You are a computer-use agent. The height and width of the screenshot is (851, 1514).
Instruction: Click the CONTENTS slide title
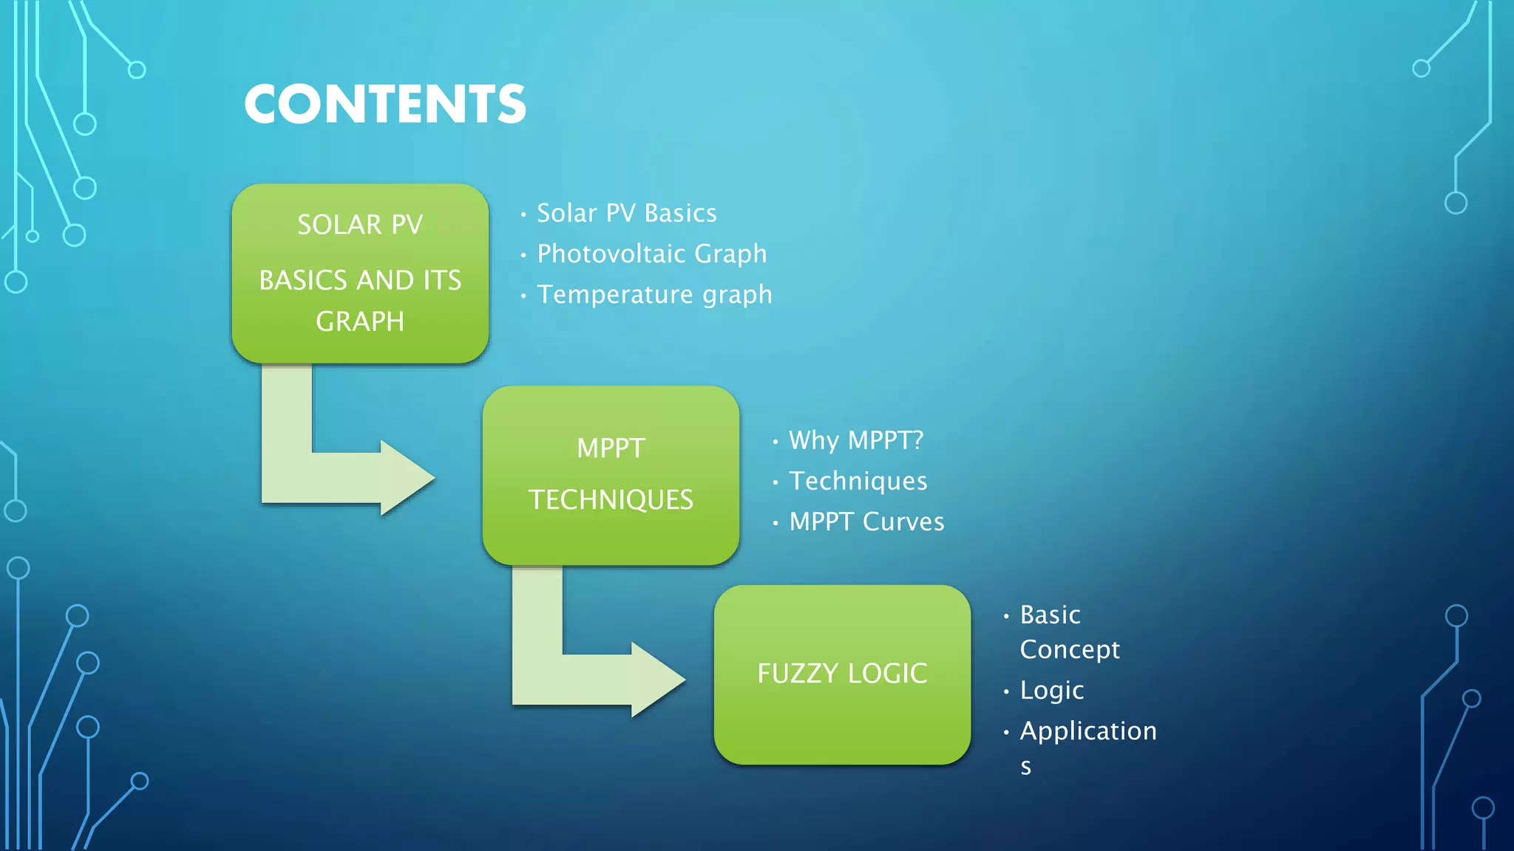point(384,103)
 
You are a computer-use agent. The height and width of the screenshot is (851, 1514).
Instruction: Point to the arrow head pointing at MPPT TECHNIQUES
point(407,478)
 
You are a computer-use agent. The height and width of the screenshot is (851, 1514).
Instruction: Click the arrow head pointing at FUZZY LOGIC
point(657,680)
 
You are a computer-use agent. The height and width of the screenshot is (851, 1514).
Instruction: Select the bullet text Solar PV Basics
point(626,213)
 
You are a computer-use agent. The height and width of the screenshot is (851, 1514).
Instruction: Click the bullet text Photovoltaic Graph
point(651,254)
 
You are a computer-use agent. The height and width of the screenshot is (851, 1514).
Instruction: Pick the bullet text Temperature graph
point(654,295)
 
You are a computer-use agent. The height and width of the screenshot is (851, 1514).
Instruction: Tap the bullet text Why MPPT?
point(856,441)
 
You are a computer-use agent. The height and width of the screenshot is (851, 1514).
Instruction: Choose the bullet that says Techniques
point(858,482)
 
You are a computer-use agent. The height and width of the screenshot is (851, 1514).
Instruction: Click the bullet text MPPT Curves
point(866,522)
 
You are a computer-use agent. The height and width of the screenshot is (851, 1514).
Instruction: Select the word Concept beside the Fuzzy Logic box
point(1069,650)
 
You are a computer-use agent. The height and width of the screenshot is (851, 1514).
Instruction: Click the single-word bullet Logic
point(1051,691)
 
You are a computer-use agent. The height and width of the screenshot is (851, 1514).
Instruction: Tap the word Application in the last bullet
point(1087,731)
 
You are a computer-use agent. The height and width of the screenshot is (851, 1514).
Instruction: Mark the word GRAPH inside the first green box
point(360,322)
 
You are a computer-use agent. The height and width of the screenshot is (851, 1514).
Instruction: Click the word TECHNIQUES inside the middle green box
point(611,500)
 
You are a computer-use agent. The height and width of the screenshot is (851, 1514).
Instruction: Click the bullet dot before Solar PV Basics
point(523,215)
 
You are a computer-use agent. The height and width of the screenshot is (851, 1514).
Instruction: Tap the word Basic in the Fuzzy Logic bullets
point(1050,615)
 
